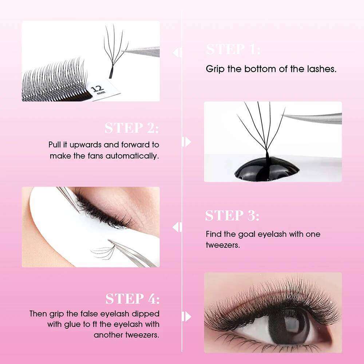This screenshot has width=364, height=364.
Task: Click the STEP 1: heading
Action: tap(233, 49)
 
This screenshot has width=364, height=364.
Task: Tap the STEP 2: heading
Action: tap(132, 128)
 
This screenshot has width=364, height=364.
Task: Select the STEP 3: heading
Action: tap(232, 215)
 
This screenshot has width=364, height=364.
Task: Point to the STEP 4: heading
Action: tap(132, 298)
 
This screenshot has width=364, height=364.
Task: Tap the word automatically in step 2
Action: tap(132, 156)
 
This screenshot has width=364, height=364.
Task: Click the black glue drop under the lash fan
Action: tap(266, 169)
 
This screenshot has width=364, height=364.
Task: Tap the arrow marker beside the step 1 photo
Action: tap(177, 52)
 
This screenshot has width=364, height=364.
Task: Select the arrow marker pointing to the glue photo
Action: tap(186, 142)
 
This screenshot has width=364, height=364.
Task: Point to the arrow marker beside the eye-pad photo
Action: tap(177, 227)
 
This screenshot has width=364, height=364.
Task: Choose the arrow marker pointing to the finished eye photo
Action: tap(186, 317)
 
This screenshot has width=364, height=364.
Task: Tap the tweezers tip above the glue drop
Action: tap(283, 115)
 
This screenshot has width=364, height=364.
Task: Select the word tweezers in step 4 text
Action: tap(142, 335)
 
